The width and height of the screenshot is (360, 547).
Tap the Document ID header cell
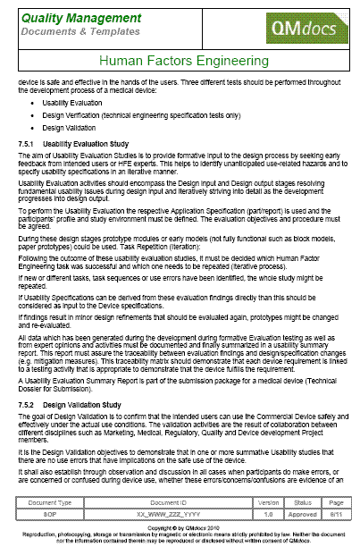pyautogui.click(x=161, y=503)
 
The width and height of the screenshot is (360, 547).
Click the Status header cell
pyautogui.click(x=302, y=503)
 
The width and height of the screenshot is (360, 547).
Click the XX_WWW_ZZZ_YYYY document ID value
pyautogui.click(x=161, y=515)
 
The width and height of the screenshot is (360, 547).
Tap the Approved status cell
pyautogui.click(x=302, y=515)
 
